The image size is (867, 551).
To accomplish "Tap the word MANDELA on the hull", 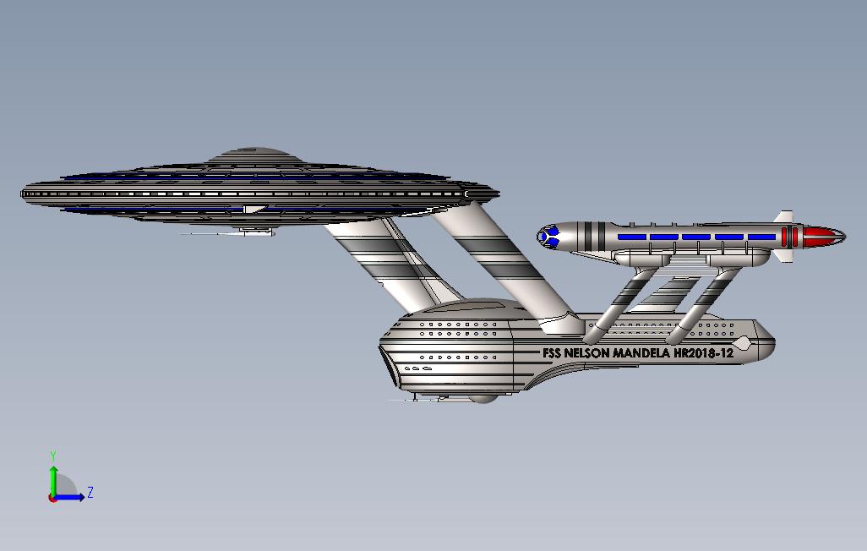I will coord(640,353).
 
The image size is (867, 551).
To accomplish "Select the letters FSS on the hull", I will coord(551,353).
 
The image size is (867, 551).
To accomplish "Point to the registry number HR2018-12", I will coord(703,353).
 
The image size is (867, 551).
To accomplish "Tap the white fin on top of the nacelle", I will coord(785,217).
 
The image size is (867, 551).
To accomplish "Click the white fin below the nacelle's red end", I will coord(783,254).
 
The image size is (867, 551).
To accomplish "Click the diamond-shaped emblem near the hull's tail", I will coord(743,342).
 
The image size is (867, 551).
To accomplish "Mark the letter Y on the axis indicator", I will coord(53,456).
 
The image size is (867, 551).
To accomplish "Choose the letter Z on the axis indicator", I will coord(90,493).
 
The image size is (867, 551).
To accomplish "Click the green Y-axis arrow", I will coord(53,478).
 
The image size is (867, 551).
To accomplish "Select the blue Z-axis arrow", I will coord(71,497).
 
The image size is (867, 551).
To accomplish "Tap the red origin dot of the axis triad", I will coord(53,498).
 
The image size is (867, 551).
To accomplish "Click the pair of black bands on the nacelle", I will coord(595,236).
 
